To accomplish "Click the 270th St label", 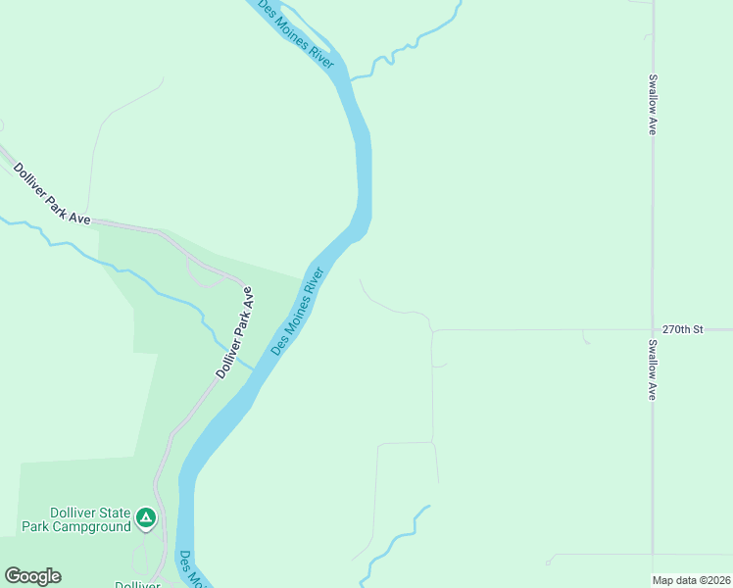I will click(683, 329).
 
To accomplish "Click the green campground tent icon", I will click(146, 516).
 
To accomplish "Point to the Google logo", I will click(32, 576).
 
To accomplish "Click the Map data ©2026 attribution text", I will click(692, 580).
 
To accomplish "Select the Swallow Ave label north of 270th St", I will click(652, 104).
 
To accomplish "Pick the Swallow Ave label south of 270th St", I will click(652, 370).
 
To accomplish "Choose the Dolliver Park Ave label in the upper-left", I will click(51, 193).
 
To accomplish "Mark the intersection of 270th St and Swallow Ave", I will click(653, 329).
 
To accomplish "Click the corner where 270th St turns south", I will click(432, 331).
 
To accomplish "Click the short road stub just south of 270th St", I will click(587, 338).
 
